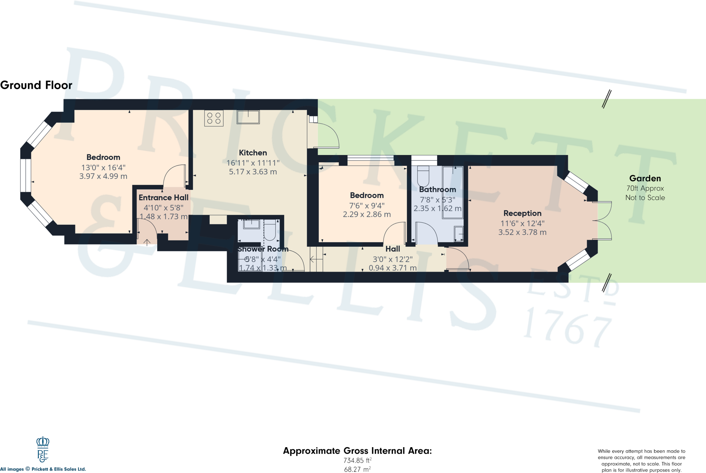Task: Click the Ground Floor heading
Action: click(x=36, y=85)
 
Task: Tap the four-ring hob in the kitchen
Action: click(x=214, y=118)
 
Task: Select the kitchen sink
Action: click(x=248, y=117)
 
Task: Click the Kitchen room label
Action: click(x=253, y=153)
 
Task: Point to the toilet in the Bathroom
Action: click(x=423, y=176)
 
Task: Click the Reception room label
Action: click(x=522, y=213)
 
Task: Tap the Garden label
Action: click(x=645, y=178)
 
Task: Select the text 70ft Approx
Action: click(x=645, y=188)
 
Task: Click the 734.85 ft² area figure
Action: click(x=357, y=460)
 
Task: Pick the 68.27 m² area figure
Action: click(x=357, y=469)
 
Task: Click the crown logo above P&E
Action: click(x=43, y=442)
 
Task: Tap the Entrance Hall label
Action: click(x=163, y=197)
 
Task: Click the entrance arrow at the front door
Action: click(x=147, y=242)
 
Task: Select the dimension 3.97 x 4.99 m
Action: click(x=103, y=176)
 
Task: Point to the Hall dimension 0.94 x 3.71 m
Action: click(x=393, y=268)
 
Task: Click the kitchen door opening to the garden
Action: click(x=329, y=136)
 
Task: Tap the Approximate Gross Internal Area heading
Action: click(x=357, y=451)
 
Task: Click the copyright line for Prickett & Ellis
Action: click(x=43, y=469)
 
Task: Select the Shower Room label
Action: click(x=263, y=249)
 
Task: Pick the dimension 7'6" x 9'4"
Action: click(x=367, y=206)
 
